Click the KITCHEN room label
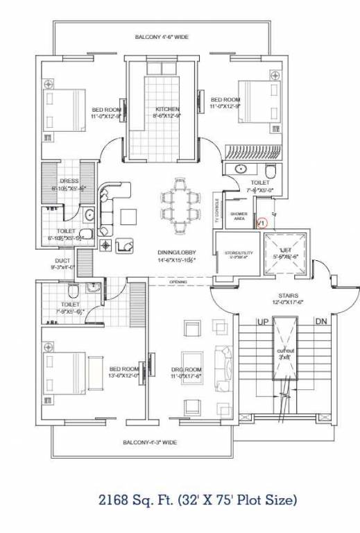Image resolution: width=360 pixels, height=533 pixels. tap(166, 110)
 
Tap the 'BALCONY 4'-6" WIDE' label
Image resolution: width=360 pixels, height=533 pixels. tap(162, 37)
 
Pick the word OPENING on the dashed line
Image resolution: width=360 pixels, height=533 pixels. tap(178, 282)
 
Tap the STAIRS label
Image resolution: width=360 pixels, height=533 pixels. tap(286, 295)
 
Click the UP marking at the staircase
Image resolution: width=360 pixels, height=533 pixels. tap(263, 323)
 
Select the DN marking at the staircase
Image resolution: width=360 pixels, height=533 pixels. tap(320, 323)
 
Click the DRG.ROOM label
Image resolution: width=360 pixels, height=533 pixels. tap(187, 369)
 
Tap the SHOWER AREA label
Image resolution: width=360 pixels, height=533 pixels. tap(239, 216)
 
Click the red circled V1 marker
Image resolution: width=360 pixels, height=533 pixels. tap(262, 223)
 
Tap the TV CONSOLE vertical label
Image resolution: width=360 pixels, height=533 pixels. tap(216, 216)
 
